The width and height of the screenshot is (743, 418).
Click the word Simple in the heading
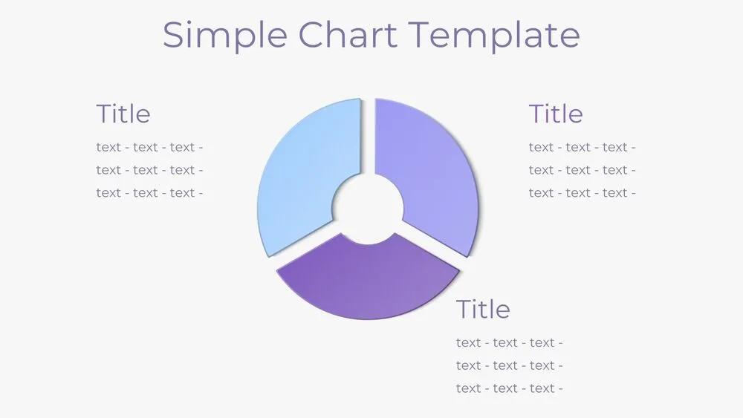pyautogui.click(x=224, y=35)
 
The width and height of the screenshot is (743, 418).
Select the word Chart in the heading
pyautogui.click(x=347, y=35)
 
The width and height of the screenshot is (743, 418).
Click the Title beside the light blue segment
pyautogui.click(x=123, y=114)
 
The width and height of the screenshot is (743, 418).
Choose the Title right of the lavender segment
pyautogui.click(x=555, y=114)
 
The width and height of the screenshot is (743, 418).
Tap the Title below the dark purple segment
pyautogui.click(x=483, y=309)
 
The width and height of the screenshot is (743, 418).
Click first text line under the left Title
pyautogui.click(x=149, y=147)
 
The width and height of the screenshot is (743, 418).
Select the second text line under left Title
pyautogui.click(x=149, y=170)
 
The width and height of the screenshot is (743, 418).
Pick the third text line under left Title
pyautogui.click(x=149, y=193)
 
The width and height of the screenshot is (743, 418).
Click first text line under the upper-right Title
pyautogui.click(x=582, y=147)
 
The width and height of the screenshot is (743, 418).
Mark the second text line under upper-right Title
pyautogui.click(x=582, y=170)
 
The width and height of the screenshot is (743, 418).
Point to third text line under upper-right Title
pyautogui.click(x=582, y=193)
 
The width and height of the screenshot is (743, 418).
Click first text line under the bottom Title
pyautogui.click(x=509, y=342)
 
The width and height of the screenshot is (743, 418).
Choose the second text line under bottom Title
pyautogui.click(x=509, y=365)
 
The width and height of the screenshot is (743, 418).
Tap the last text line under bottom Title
pyautogui.click(x=509, y=388)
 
